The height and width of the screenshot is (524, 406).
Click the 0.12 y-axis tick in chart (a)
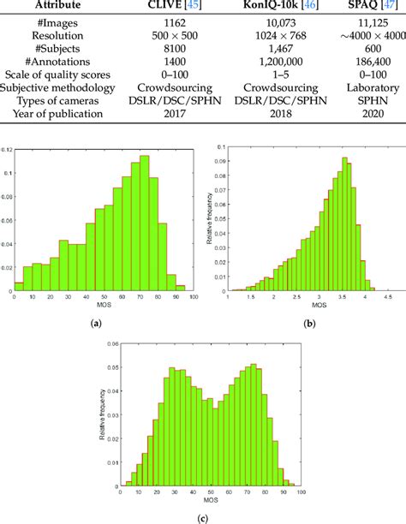(x=9, y=152)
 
